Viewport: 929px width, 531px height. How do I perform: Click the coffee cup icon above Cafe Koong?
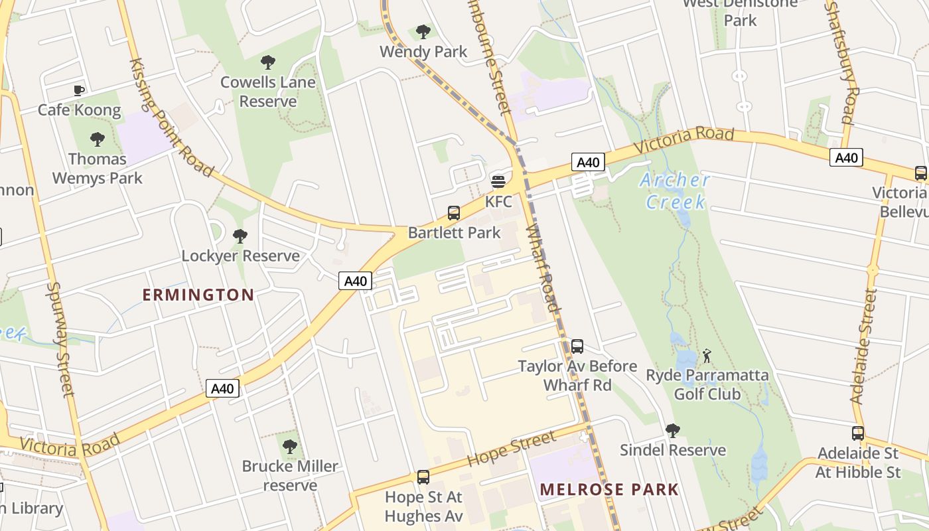pos(79,90)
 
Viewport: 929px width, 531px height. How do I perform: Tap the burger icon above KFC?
pos(498,181)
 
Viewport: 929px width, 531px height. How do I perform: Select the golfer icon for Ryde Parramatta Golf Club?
pos(707,356)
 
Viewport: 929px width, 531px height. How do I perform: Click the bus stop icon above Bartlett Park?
pos(454,213)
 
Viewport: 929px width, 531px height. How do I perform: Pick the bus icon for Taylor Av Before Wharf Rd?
pos(577,346)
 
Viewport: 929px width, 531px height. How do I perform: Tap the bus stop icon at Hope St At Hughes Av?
pos(423,477)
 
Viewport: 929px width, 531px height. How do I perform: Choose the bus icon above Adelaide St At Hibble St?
pos(858,433)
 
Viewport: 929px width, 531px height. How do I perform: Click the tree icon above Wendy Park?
pos(423,32)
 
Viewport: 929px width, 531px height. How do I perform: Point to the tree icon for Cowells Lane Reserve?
pos(268,63)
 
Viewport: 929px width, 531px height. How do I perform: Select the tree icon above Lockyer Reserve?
pos(240,236)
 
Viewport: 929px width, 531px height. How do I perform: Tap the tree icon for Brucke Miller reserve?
pos(289,447)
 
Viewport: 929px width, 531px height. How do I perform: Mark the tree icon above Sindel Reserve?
pos(673,431)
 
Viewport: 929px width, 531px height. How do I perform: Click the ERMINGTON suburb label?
pos(198,295)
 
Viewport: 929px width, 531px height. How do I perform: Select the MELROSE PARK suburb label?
pos(609,490)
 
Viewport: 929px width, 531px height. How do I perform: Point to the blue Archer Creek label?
pos(675,190)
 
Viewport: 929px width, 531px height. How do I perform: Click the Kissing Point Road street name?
pos(171,118)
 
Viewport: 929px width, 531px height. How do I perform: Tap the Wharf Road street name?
pos(543,267)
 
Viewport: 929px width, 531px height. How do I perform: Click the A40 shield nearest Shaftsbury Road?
pos(846,158)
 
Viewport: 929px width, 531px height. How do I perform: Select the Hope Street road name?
pos(511,449)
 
